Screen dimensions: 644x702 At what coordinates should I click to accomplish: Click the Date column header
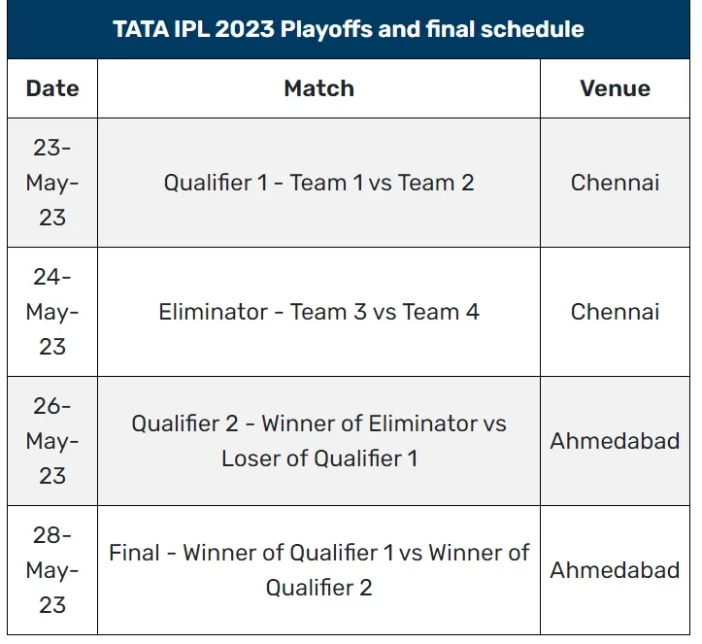click(x=52, y=88)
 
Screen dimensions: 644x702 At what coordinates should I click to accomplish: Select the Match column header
click(x=318, y=88)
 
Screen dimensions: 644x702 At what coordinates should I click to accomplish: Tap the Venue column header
click(x=615, y=88)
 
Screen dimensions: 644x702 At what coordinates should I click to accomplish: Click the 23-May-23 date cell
click(x=52, y=183)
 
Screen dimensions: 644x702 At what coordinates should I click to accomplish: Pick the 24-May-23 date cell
click(x=52, y=312)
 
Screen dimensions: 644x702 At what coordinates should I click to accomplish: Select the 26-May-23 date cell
click(x=52, y=441)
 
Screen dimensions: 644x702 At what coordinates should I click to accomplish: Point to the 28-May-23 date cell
click(x=52, y=570)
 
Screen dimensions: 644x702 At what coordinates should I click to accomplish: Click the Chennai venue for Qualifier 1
click(x=615, y=183)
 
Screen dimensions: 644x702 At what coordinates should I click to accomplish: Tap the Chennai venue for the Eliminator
click(x=615, y=312)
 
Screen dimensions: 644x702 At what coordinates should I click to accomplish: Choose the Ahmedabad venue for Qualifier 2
click(x=615, y=441)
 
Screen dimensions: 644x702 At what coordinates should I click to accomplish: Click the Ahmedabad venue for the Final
click(x=615, y=570)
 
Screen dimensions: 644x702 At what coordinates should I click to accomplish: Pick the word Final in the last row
click(x=134, y=553)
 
